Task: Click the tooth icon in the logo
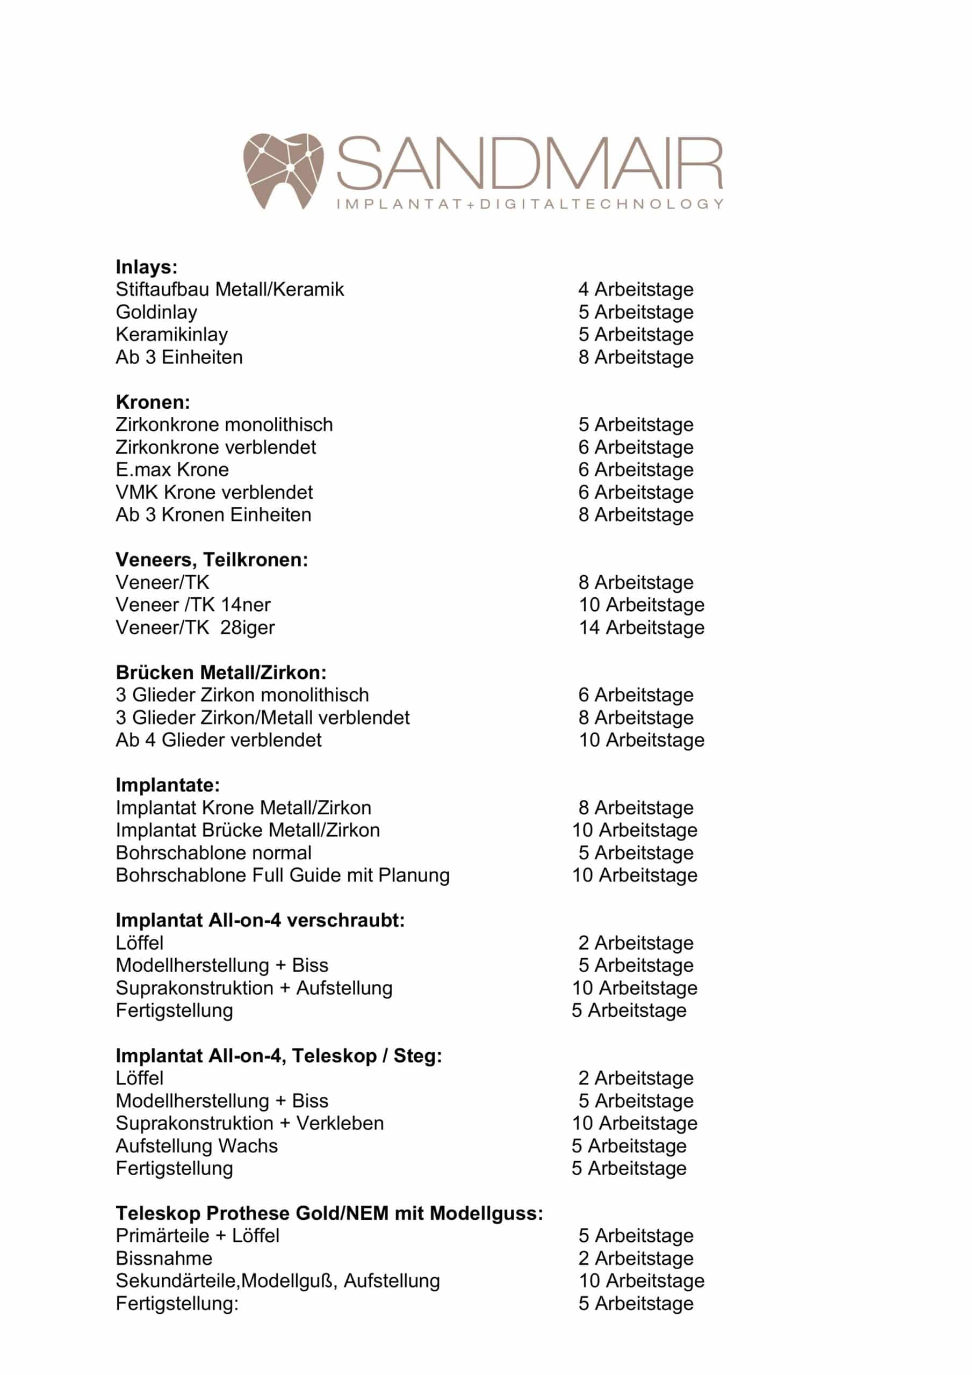pos(283,171)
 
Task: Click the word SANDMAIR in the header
pos(530,163)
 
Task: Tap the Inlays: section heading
pos(146,267)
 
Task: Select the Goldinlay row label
pos(156,312)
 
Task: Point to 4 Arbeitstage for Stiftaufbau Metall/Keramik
pos(635,290)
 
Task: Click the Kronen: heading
pos(153,402)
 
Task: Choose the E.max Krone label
pos(172,469)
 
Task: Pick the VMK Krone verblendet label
pos(214,493)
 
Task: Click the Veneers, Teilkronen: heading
pos(212,560)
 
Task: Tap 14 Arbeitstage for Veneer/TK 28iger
pos(641,628)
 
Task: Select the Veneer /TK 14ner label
pos(193,605)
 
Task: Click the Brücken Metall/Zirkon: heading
pos(220,672)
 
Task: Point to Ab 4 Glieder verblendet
pos(218,740)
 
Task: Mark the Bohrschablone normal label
pos(213,853)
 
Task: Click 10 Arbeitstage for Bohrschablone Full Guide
pos(635,875)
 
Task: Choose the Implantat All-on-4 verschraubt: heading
pos(260,921)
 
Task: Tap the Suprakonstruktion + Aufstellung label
pos(254,988)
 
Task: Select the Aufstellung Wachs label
pos(197,1146)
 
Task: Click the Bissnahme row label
pos(163,1258)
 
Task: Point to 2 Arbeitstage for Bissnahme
pos(635,1258)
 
